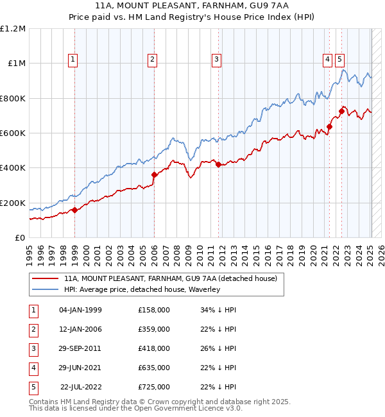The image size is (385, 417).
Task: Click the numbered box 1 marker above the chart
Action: pos(74,60)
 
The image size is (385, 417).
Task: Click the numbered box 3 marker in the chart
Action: pos(217,60)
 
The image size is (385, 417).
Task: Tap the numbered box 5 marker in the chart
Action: pos(339,60)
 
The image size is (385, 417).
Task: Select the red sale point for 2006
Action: pos(154,174)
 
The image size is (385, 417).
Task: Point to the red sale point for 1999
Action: pos(74,210)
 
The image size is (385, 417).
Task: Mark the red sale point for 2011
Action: pos(219,165)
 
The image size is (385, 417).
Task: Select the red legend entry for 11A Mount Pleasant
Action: pos(170,278)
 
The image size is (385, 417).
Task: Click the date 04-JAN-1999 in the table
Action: pos(80,310)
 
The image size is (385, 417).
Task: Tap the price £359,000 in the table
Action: pos(154,329)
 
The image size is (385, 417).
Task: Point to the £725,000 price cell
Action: pos(154,387)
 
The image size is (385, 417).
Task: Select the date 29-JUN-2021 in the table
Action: pos(80,368)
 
